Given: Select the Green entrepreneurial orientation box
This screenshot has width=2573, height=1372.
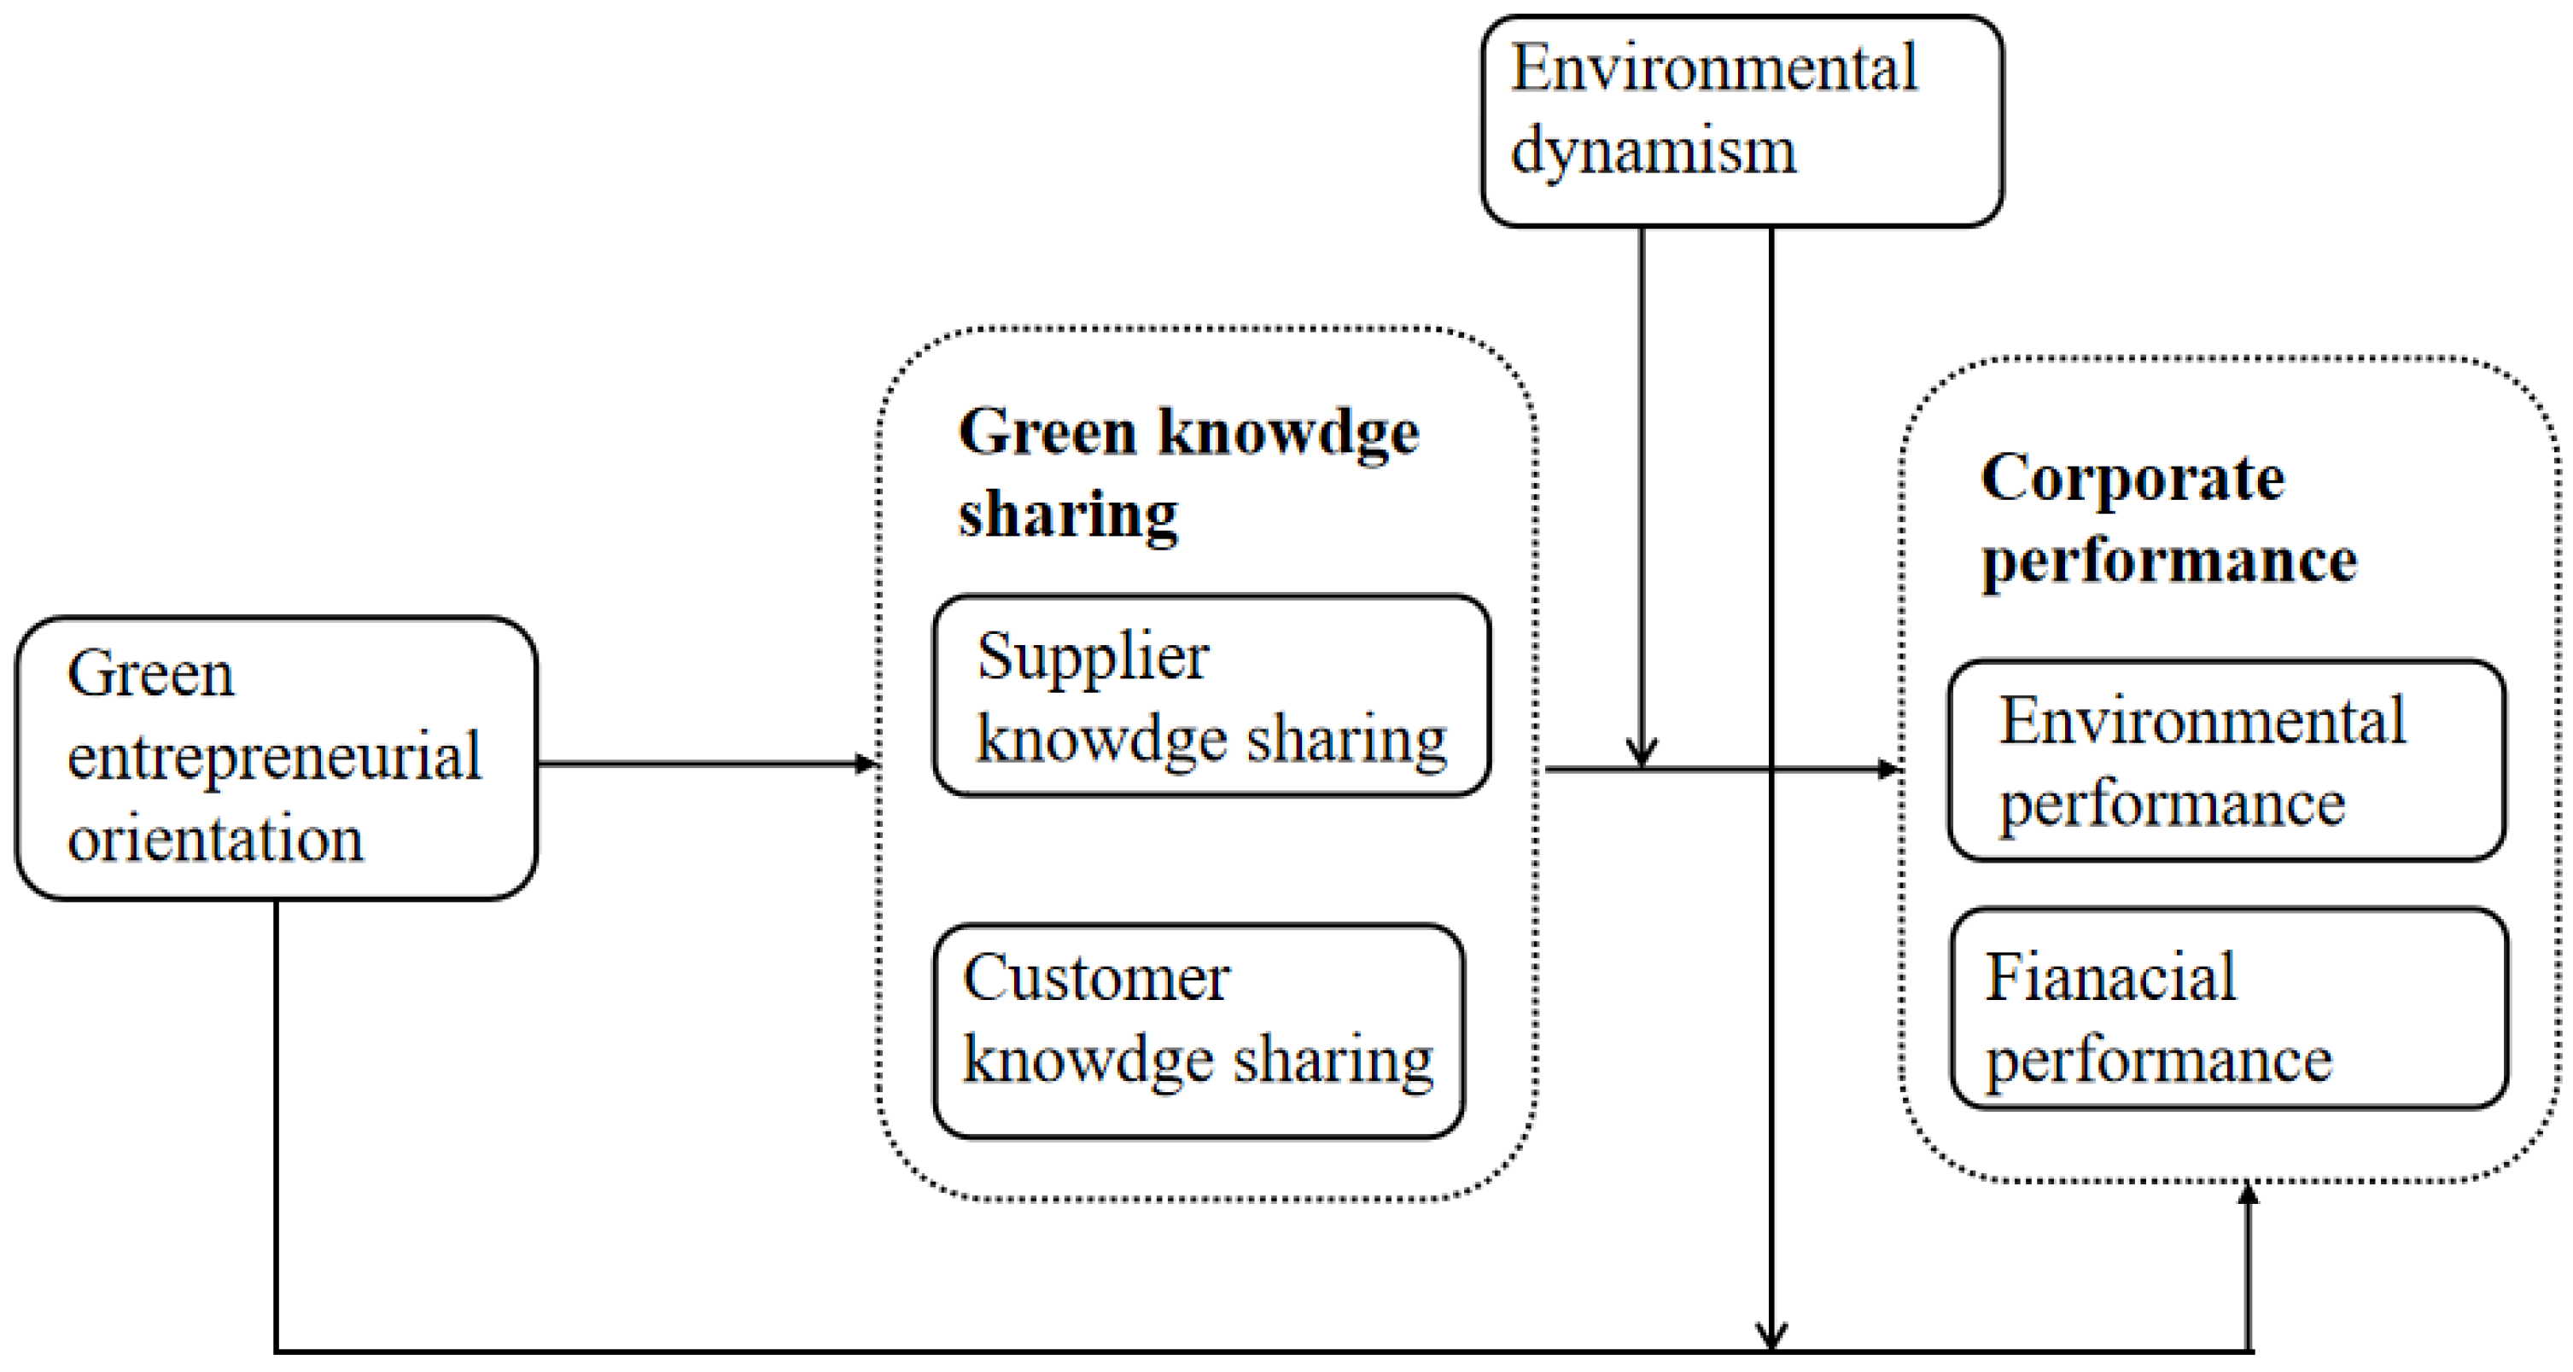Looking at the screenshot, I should [x=276, y=758].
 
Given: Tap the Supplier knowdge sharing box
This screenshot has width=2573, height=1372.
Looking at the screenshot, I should [x=1211, y=696].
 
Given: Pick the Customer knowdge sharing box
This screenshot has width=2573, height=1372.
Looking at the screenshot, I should [x=1198, y=1031].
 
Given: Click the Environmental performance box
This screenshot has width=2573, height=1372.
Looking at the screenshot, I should [x=2226, y=760].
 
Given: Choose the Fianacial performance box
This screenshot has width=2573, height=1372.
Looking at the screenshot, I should [x=2228, y=1008].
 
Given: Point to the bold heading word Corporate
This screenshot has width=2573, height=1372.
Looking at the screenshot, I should [x=2132, y=479].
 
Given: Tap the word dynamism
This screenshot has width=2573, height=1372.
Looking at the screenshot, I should [x=1652, y=152].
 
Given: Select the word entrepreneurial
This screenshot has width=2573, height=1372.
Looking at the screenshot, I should [x=274, y=756].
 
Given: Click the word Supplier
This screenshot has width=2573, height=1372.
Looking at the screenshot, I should [x=1092, y=658].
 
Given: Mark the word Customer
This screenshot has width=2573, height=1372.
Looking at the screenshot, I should [x=1096, y=978].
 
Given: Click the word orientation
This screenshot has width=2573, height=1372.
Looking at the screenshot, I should [x=215, y=838].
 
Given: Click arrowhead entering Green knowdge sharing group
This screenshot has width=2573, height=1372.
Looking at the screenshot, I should [x=867, y=764].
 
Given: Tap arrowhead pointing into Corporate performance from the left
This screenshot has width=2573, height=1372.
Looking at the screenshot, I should [x=1887, y=770].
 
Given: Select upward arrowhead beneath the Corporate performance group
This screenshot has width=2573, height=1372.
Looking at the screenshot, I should [x=2248, y=1194].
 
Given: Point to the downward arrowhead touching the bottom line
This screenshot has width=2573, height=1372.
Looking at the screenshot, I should [x=1771, y=1337].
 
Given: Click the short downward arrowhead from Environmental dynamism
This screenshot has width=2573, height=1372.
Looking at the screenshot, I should [x=1641, y=753].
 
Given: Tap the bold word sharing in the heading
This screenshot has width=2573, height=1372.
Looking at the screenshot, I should [x=1067, y=515].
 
